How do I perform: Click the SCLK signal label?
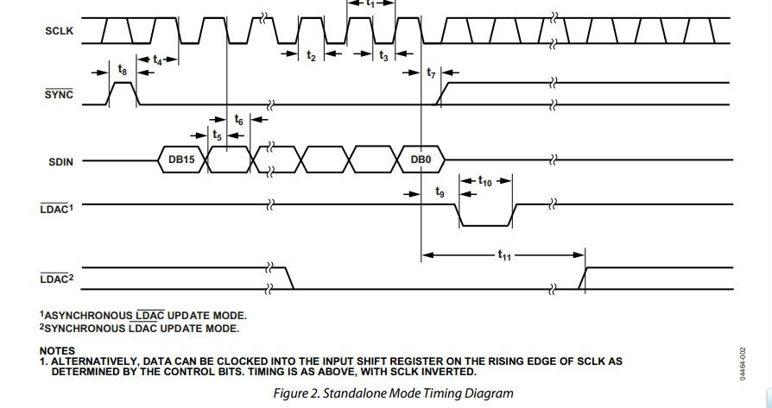pos(58,31)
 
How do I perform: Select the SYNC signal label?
pos(58,95)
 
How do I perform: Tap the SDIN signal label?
pos(58,161)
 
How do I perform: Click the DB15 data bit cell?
pos(181,160)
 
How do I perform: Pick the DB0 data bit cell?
pos(421,160)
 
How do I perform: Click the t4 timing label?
pos(157,60)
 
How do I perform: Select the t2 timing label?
pos(311,55)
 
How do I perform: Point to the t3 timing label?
pos(384,55)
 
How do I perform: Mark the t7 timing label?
pos(432,73)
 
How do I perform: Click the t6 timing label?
pos(238,121)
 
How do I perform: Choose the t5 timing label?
pos(217,135)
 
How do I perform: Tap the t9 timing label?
pos(440,192)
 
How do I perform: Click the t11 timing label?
pos(503,254)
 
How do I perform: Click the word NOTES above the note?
pos(57,351)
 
